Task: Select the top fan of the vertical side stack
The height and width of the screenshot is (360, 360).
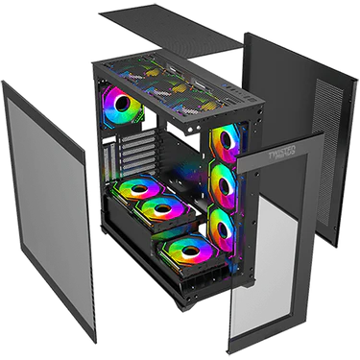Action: pyautogui.click(x=228, y=141)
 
